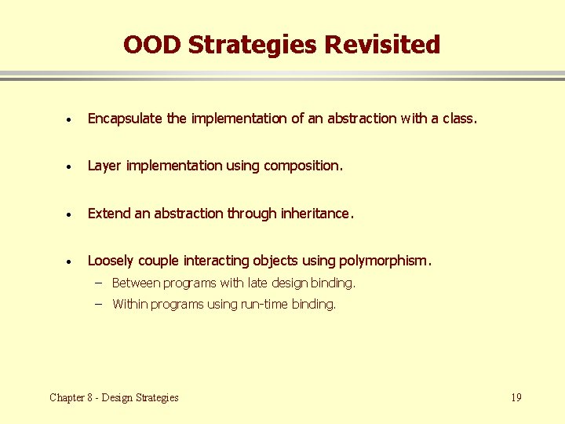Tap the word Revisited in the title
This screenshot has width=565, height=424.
point(382,45)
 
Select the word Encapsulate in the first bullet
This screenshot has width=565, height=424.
point(126,119)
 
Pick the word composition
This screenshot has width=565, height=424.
point(303,166)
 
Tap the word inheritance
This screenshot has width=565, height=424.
point(317,213)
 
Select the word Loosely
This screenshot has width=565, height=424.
point(111,260)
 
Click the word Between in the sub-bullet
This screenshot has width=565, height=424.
point(137,283)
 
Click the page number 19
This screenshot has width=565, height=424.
point(516,397)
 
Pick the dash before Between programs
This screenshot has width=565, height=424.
point(101,282)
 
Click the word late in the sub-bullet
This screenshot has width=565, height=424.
point(257,283)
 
